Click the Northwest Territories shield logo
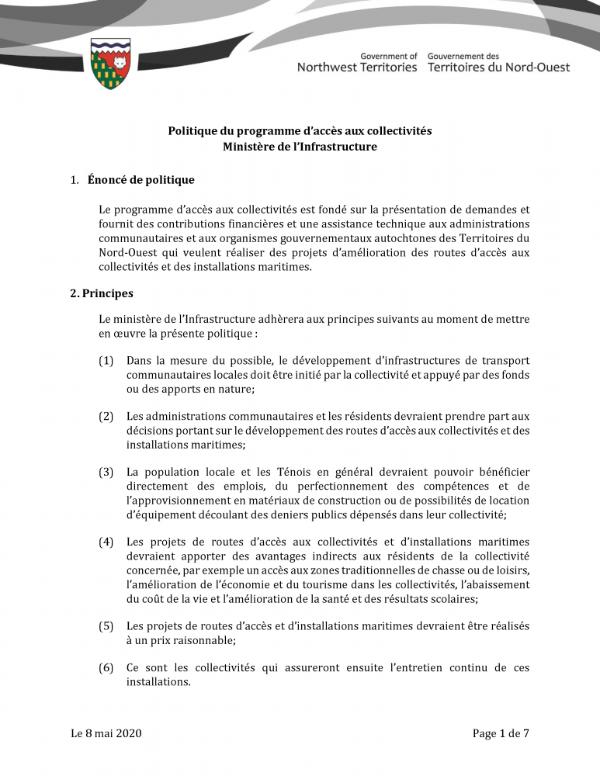[x=110, y=64]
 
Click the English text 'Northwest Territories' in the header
[x=357, y=68]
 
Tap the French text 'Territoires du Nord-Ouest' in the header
[x=498, y=68]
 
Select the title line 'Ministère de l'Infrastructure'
[x=300, y=147]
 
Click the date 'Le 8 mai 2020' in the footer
[x=106, y=733]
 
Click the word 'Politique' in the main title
[x=194, y=131]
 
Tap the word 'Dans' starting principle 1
[x=139, y=361]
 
